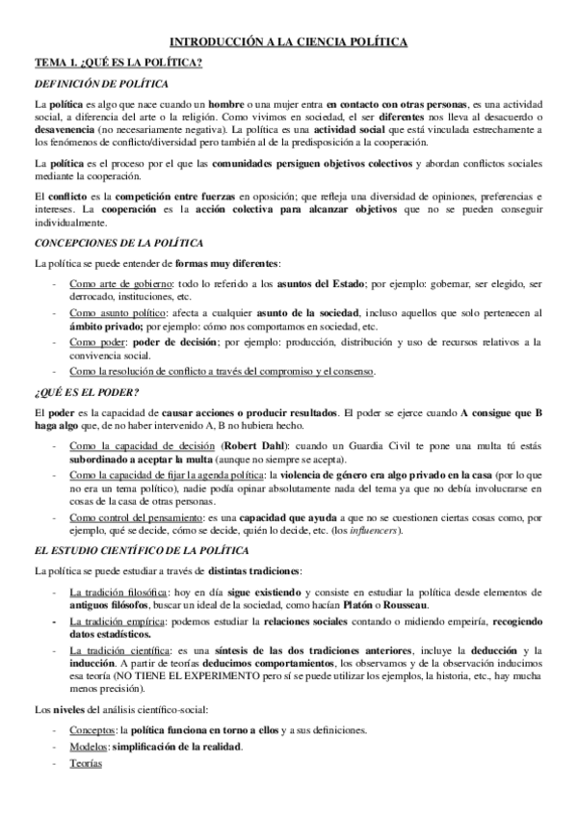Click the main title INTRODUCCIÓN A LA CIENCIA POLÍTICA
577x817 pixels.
tap(289, 41)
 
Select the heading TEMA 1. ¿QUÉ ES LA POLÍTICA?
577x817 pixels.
tap(118, 63)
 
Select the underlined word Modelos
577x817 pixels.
tap(89, 747)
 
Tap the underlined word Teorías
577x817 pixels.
tap(85, 764)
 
